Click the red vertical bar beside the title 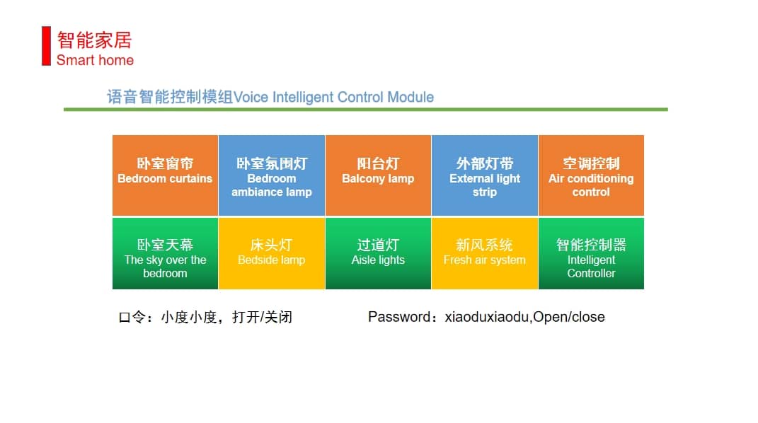[47, 46]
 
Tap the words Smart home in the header [96, 60]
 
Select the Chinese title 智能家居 [94, 40]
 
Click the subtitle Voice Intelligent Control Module [333, 97]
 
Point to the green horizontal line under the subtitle [366, 110]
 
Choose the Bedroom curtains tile [166, 175]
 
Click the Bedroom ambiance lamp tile [272, 175]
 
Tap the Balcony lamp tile [378, 175]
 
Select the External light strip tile [484, 175]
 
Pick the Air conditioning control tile [591, 175]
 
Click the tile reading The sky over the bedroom [166, 253]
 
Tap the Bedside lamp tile [272, 253]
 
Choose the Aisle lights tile [378, 253]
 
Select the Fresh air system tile [484, 253]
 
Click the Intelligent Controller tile [591, 253]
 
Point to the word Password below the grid [399, 317]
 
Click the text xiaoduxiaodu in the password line [487, 317]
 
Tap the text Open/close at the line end [569, 317]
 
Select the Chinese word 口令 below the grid [132, 317]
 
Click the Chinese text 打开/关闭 [262, 317]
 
